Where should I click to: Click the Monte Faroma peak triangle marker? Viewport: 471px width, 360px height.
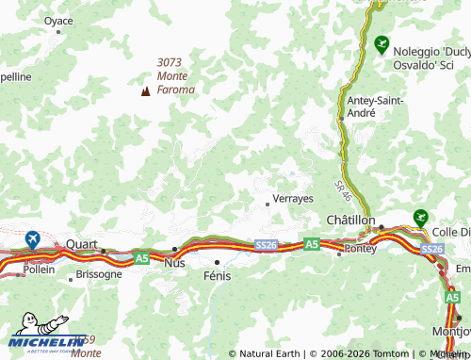(x=145, y=91)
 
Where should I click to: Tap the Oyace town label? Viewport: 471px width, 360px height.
(x=57, y=19)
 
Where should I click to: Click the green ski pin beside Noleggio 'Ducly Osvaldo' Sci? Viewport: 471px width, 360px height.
(x=382, y=44)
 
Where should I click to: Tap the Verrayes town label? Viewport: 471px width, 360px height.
(x=292, y=199)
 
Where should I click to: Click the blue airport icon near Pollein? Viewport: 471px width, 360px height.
(x=34, y=239)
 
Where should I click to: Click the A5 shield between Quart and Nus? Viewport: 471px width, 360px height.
(x=141, y=256)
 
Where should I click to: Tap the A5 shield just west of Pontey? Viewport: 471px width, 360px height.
(x=312, y=244)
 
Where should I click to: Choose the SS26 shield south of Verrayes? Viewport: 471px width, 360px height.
(x=266, y=245)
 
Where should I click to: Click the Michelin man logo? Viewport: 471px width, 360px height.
(x=42, y=337)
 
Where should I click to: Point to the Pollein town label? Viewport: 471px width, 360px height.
(x=39, y=269)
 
